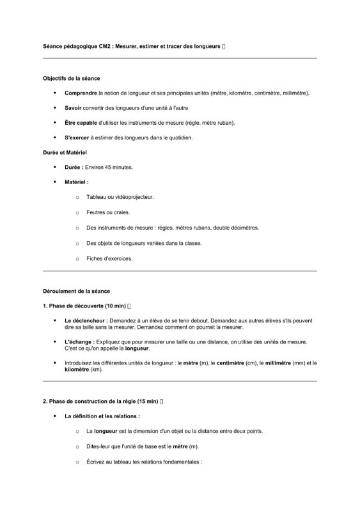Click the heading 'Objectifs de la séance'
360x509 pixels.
71,78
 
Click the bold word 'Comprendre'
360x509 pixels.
81,93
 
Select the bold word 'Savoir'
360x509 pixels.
73,108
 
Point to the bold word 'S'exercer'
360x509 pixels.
77,137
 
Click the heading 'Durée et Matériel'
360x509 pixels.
65,153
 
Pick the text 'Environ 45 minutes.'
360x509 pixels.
109,168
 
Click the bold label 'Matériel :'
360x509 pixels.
76,182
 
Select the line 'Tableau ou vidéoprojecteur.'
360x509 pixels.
120,198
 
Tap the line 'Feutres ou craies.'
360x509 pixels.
108,212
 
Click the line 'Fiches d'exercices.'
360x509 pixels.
109,259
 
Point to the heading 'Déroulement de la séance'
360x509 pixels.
76,291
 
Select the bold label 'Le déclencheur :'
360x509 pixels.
86,320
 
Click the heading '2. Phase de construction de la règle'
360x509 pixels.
100,402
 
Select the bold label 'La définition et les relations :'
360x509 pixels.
102,416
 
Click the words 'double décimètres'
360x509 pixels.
236,228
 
